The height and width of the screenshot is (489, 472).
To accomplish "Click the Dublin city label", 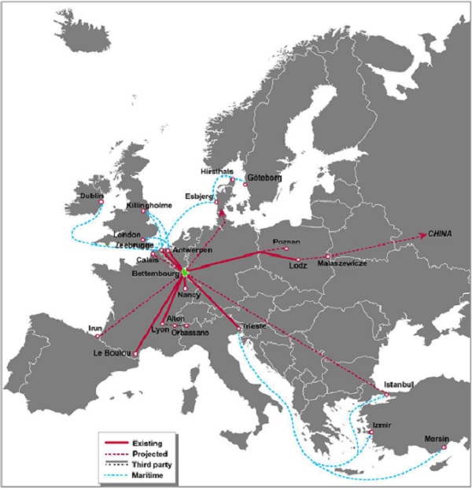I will (x=91, y=196).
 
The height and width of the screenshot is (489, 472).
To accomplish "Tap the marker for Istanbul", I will (x=386, y=394).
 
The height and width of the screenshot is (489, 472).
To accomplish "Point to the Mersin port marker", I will (x=444, y=447).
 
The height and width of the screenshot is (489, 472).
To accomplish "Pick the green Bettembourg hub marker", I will (x=184, y=272).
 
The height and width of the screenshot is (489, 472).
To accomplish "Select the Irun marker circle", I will (x=98, y=336).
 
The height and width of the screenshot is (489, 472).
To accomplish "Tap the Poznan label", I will (x=286, y=241).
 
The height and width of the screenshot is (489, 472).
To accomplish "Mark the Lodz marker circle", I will (x=298, y=259).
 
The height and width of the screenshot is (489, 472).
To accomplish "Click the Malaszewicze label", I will (x=344, y=265).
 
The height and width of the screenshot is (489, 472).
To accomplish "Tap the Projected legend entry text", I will (x=150, y=454).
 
